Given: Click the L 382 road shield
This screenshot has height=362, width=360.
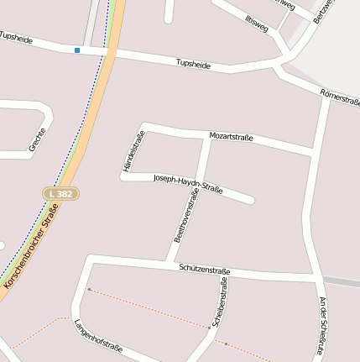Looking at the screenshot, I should (61, 193).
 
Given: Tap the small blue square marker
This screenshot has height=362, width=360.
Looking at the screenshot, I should (77, 50).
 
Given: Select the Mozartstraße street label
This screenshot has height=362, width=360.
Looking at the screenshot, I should (230, 136).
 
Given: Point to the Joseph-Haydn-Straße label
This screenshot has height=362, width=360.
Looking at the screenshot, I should (188, 183).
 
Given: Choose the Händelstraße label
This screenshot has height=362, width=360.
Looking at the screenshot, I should (129, 150).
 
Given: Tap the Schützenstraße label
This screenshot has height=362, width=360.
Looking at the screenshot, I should (204, 269).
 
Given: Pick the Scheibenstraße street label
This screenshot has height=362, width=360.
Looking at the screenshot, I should (221, 302).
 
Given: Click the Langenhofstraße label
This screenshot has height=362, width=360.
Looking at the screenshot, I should (98, 335).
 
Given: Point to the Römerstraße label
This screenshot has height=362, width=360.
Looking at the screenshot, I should (340, 98).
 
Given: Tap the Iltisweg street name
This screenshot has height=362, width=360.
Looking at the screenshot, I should (257, 23).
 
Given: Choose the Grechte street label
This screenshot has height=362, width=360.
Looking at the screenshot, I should (38, 139).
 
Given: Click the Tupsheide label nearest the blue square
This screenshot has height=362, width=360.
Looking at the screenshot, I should (17, 38).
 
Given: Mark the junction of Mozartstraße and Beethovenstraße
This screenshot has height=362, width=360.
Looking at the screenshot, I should (209, 137).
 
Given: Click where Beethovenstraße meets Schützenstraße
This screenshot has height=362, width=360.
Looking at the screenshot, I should (170, 263).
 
